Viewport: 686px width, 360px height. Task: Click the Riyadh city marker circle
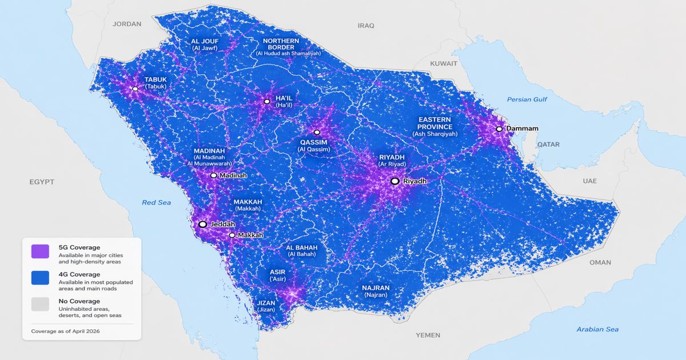point(394,181)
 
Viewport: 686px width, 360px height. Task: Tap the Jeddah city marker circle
point(202,225)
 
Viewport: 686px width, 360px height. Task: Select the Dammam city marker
point(499,129)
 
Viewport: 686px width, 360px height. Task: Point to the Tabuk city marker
point(135,89)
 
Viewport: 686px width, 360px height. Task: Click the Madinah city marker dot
point(214,175)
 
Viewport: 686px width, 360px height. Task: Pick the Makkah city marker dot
point(232,235)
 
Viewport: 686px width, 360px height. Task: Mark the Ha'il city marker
point(267,101)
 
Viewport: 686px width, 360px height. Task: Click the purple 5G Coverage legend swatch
point(40,251)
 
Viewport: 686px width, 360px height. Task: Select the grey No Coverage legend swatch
point(40,305)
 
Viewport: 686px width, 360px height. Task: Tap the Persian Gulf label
point(527,99)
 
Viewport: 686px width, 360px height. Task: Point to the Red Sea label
point(157,202)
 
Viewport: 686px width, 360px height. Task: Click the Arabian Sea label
point(597,329)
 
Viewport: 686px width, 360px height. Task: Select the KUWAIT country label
point(444,63)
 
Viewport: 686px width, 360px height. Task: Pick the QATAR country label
point(548,145)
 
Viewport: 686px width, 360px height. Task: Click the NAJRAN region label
point(376,288)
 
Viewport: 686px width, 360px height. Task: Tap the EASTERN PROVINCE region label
point(434,123)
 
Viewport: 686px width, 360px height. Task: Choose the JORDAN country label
point(127,24)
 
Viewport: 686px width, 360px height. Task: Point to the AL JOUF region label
point(205,42)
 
